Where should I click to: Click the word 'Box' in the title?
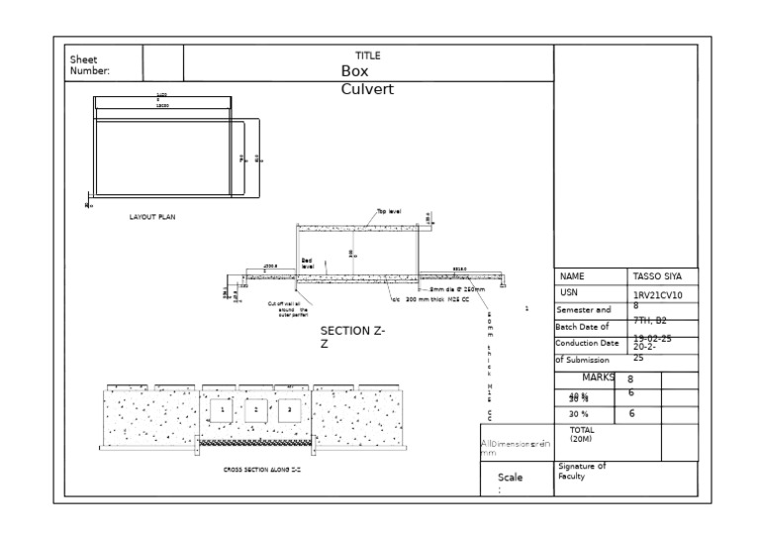pos(356,71)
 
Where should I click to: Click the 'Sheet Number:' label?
pos(90,65)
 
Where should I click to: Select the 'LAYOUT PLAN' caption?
pos(152,216)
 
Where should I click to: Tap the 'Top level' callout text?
pos(389,211)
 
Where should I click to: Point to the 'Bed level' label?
pos(308,264)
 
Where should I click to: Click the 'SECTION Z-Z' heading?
pos(352,337)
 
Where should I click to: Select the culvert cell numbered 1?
pos(224,409)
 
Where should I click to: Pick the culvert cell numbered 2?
pos(256,409)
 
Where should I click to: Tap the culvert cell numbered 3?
pos(289,409)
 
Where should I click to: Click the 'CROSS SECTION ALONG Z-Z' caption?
pos(261,469)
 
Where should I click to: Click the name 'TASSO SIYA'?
pos(657,277)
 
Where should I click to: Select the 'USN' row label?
pos(569,293)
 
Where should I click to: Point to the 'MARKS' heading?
pos(599,377)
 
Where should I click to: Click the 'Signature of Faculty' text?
pos(582,471)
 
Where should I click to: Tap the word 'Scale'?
pos(511,478)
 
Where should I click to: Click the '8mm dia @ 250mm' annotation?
pos(457,289)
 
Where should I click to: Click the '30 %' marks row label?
pos(578,414)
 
